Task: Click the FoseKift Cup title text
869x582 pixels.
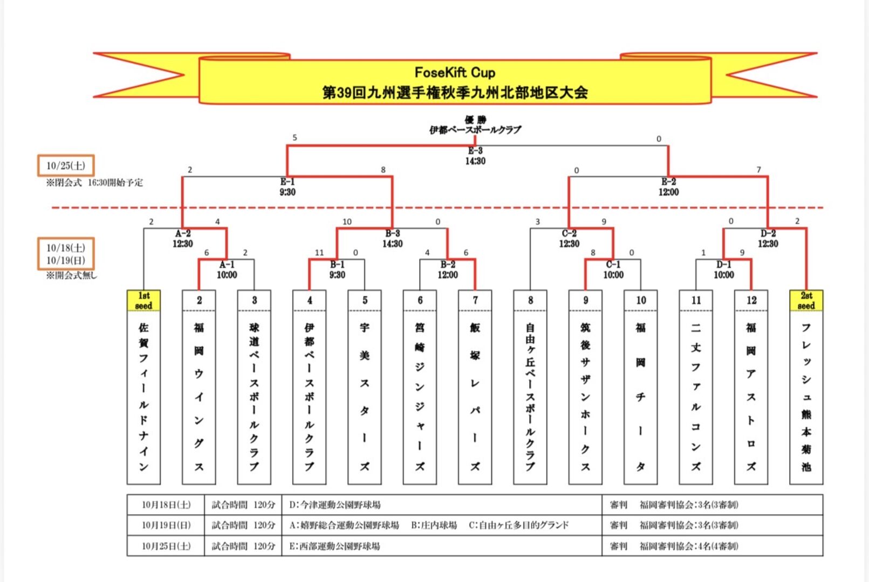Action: pos(455,72)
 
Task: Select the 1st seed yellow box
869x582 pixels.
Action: pos(143,301)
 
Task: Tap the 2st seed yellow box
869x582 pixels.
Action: pos(806,301)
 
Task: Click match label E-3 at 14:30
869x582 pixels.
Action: pos(475,156)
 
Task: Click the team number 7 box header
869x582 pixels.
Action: pos(475,301)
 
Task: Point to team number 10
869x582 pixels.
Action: pos(641,301)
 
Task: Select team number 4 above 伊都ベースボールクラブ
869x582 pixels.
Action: pos(310,301)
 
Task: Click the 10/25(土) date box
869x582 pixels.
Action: pos(66,165)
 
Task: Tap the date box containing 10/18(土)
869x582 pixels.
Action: pos(66,254)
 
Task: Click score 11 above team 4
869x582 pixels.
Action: pos(319,252)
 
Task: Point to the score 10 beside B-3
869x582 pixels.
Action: pos(347,221)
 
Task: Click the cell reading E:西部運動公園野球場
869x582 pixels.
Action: pos(334,546)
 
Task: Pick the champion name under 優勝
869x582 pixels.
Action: pos(475,130)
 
